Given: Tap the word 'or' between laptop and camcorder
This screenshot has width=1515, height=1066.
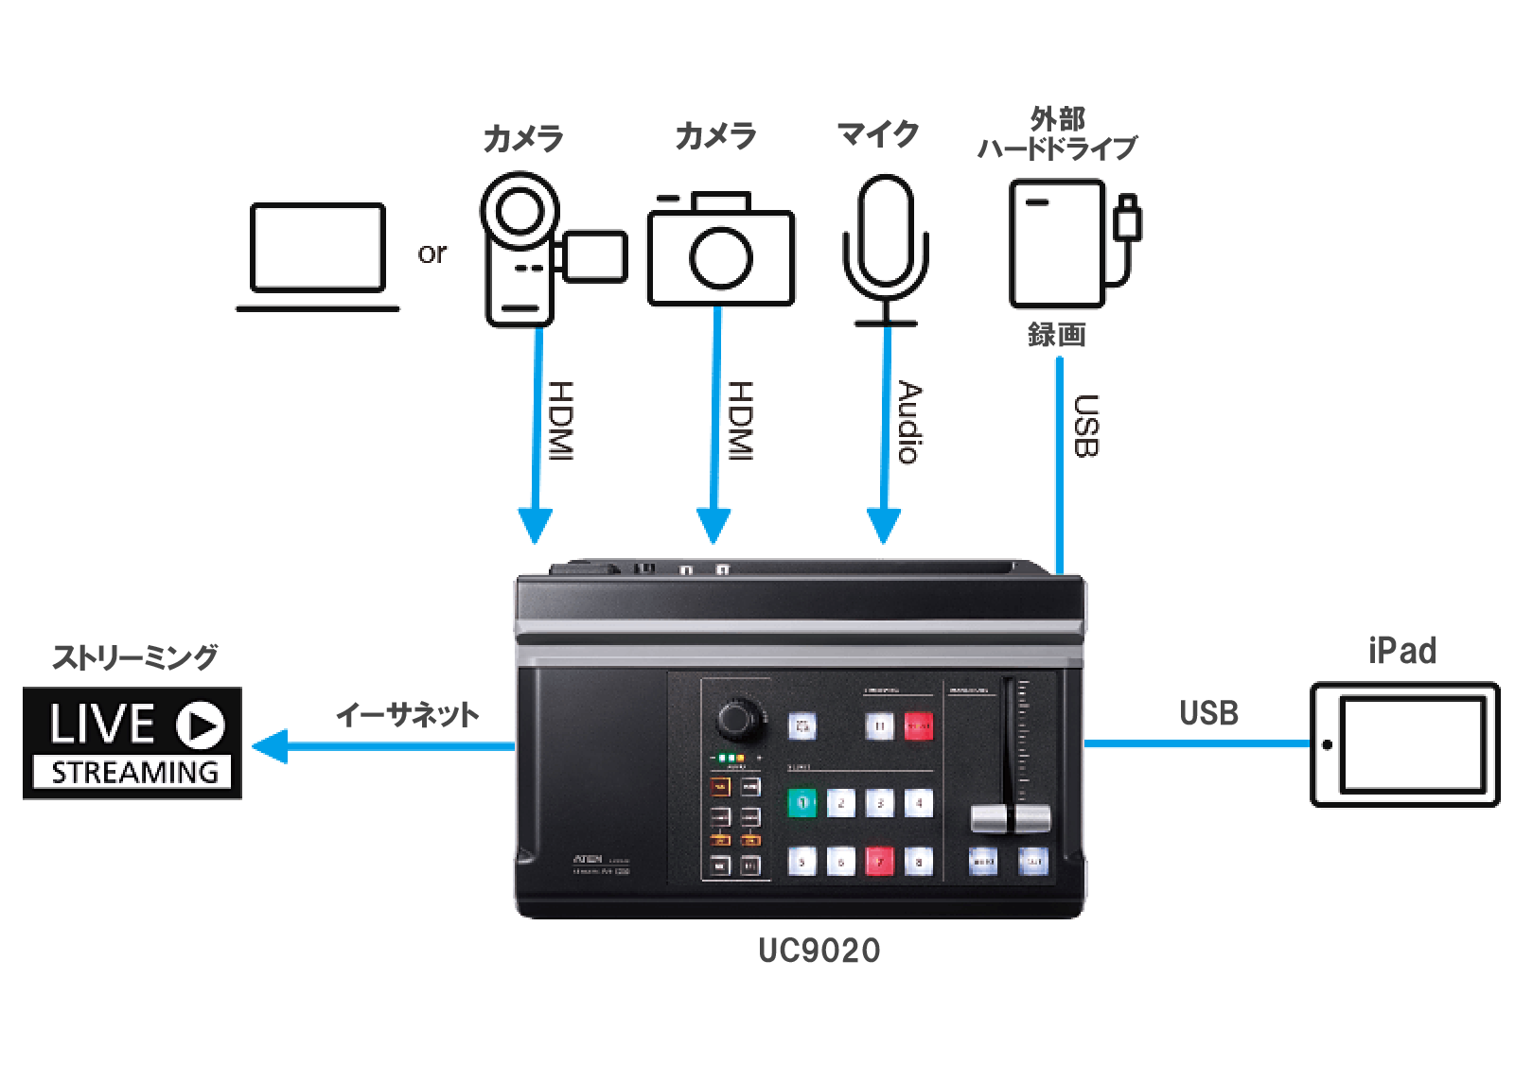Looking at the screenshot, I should pyautogui.click(x=432, y=253).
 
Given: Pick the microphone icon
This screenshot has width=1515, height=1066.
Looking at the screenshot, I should pyautogui.click(x=886, y=248).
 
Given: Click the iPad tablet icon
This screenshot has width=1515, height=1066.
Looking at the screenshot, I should pyautogui.click(x=1404, y=744).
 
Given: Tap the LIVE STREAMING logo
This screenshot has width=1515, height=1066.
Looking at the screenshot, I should pyautogui.click(x=132, y=743).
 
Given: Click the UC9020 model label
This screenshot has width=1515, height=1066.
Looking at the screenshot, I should pyautogui.click(x=819, y=951).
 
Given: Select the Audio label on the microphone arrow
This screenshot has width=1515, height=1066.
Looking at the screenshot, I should pyautogui.click(x=909, y=422).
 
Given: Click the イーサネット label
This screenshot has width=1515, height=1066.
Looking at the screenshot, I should pyautogui.click(x=408, y=715).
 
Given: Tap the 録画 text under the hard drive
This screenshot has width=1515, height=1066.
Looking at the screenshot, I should pyautogui.click(x=1056, y=335).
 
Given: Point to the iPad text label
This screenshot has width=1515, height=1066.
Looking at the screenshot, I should pyautogui.click(x=1401, y=651).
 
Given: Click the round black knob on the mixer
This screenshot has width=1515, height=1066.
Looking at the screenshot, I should pyautogui.click(x=735, y=720).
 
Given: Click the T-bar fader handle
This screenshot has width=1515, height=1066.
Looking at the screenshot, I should pyautogui.click(x=1011, y=818).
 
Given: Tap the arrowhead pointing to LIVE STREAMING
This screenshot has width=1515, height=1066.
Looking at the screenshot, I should pyautogui.click(x=269, y=746).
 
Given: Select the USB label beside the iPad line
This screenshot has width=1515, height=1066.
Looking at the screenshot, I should pyautogui.click(x=1208, y=712).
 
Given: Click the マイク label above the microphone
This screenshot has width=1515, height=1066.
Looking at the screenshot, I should pyautogui.click(x=877, y=134).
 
